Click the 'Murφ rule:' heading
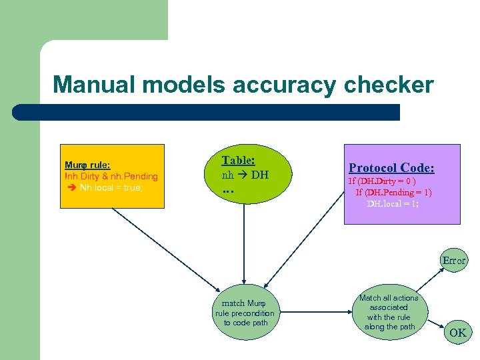click(87, 165)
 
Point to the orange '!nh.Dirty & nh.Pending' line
click(111, 176)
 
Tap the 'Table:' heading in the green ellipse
click(238, 160)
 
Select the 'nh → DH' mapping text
click(245, 175)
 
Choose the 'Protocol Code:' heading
click(391, 168)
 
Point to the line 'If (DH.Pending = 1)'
click(393, 192)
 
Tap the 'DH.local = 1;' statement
click(393, 203)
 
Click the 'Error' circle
click(454, 261)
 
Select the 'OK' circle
click(457, 332)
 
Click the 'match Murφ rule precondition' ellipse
click(244, 313)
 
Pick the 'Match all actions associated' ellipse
click(388, 312)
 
